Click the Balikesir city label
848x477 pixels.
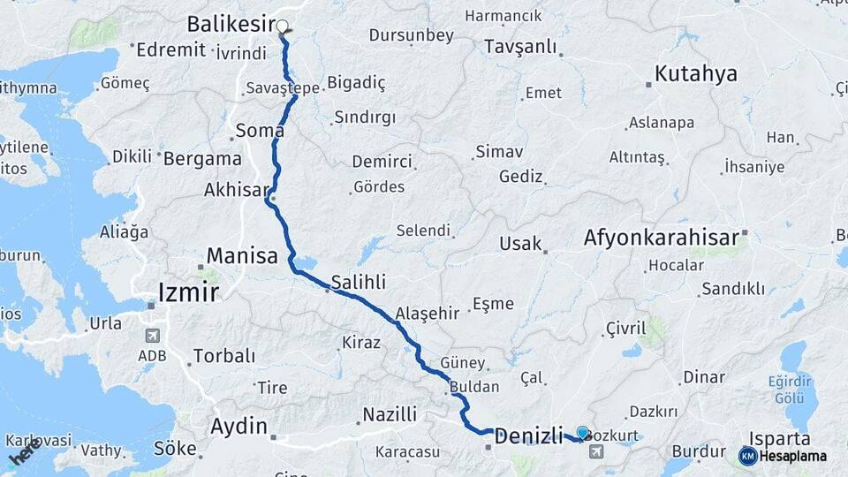pos(231,24)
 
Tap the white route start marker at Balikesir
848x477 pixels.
pos(283,26)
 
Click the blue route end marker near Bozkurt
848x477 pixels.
pos(583,433)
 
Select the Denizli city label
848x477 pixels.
pos(528,435)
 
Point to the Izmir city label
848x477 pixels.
pos(188,291)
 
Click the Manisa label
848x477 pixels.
pos(242,256)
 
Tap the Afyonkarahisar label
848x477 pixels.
pos(661,238)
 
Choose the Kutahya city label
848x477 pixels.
pos(695,73)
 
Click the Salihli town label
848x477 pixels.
pos(359,283)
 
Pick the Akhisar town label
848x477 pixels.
pos(234,190)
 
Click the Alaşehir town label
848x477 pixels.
pos(428,313)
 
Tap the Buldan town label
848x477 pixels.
pos(474,387)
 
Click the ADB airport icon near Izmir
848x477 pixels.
pos(152,337)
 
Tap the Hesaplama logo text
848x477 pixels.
pos(791,456)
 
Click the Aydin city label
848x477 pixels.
pos(238,427)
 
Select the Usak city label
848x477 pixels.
pos(520,244)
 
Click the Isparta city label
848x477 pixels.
pos(779,439)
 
